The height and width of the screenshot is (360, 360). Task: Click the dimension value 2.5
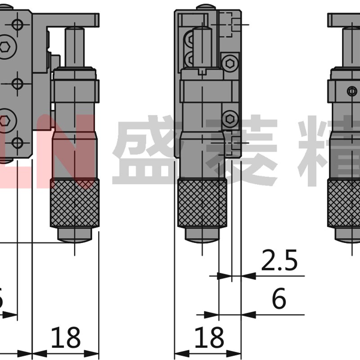pos(279,261)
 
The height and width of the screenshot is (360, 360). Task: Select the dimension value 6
pos(279,299)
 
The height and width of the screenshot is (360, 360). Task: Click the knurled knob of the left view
pos(75,202)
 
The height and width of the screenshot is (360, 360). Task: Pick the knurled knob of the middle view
pos(202,202)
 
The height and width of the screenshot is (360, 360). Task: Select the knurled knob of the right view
pos(344,202)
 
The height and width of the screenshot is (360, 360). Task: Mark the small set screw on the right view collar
pos(352,91)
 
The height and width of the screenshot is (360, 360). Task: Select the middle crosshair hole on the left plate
pos(17,83)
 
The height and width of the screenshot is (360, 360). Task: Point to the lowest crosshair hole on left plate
pos(17,143)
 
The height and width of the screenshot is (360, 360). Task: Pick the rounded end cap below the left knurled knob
pos(75,235)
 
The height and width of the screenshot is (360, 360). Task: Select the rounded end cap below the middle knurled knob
pos(202,235)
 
